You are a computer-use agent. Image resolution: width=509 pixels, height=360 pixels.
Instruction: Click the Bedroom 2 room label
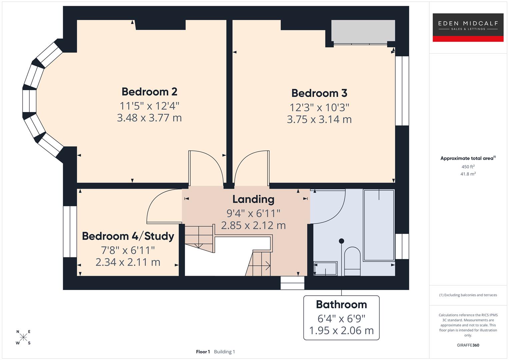tap(149, 92)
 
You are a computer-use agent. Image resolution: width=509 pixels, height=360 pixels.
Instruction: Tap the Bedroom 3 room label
tap(319, 93)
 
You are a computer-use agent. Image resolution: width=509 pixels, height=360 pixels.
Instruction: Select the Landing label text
tap(253, 199)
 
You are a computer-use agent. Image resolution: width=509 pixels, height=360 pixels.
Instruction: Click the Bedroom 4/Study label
tap(128, 236)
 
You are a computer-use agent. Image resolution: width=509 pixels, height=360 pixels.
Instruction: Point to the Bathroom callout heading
tap(341, 305)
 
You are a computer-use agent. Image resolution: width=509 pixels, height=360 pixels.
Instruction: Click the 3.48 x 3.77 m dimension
tap(149, 118)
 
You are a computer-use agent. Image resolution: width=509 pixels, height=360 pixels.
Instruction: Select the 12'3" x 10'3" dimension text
tap(319, 108)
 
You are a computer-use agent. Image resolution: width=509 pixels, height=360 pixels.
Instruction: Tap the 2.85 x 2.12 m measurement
tap(253, 226)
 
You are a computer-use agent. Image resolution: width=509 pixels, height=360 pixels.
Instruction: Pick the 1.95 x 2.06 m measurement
tap(341, 331)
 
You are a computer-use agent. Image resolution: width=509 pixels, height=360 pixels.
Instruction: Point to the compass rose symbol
tap(23, 337)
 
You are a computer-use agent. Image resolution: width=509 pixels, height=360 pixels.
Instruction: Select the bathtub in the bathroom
tap(379, 225)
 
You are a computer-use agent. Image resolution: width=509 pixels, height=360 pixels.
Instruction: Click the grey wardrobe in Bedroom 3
tap(363, 32)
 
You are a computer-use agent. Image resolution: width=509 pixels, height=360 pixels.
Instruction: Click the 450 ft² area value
tap(468, 167)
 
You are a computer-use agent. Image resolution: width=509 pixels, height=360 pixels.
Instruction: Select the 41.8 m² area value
tap(468, 174)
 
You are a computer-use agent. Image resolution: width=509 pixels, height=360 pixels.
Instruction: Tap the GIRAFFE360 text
tap(468, 345)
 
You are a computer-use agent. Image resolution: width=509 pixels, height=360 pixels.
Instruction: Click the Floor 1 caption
tap(203, 352)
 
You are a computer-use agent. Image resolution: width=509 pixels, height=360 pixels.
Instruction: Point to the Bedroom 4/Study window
tap(70, 232)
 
